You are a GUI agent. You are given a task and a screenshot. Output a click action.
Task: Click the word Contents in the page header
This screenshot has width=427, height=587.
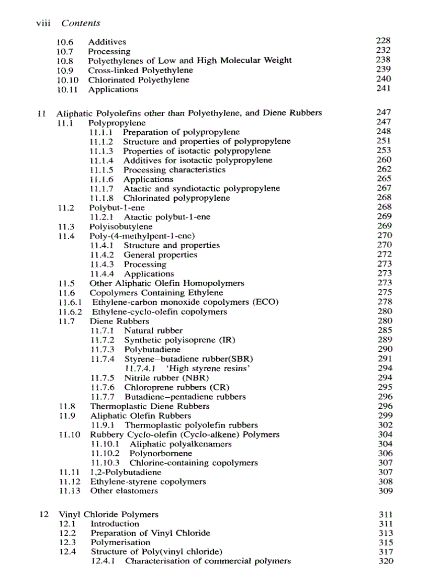coord(81,23)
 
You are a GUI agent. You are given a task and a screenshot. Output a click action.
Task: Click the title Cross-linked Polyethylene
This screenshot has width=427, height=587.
coord(140,70)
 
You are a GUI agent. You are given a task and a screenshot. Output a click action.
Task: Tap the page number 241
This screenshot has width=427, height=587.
coord(384,89)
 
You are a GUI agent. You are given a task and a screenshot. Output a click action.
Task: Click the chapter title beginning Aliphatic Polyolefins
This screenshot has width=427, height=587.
coord(189,113)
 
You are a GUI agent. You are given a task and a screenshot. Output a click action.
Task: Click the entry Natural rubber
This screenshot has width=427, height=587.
coord(153,330)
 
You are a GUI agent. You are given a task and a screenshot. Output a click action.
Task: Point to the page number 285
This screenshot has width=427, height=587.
coord(385,330)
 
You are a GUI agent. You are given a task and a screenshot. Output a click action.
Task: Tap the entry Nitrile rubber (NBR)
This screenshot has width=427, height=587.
coord(166,378)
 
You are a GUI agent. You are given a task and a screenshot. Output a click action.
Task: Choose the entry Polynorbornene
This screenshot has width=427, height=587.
coord(161,454)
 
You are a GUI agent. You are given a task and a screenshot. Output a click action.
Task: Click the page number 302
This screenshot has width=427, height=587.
coord(385,425)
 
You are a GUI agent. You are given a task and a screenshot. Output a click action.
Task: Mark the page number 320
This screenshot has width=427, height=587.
coord(386,561)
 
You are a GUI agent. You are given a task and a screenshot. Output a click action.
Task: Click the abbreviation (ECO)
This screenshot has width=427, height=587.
coord(266,302)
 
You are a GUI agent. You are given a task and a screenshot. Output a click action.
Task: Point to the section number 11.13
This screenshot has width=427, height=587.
coord(69,491)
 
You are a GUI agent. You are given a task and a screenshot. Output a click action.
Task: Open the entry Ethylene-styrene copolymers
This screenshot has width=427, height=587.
coord(148,481)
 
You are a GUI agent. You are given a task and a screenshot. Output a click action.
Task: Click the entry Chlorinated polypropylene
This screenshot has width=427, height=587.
coord(176,198)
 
